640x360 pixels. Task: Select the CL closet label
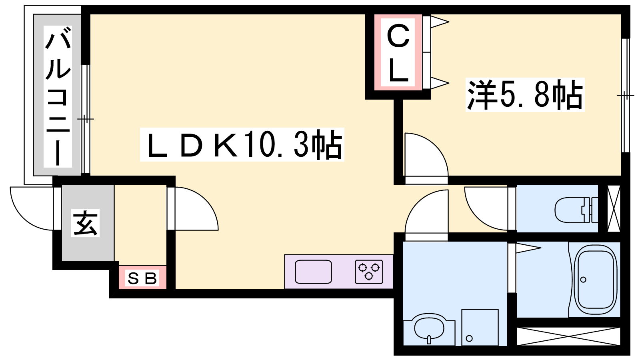pos(398,53)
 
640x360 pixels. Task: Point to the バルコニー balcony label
pos(58,96)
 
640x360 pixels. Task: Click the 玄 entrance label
pos(85,223)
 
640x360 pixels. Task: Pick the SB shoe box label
pos(142,278)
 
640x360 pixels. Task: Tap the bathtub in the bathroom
pos(595,280)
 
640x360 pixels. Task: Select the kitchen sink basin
pos(313,272)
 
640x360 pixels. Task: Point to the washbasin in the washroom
pos(429,328)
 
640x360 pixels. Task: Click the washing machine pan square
pos(480,327)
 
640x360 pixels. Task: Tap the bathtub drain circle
pos(583,280)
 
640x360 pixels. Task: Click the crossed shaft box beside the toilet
pos(614,208)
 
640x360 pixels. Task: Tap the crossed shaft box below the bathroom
pos(568,336)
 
